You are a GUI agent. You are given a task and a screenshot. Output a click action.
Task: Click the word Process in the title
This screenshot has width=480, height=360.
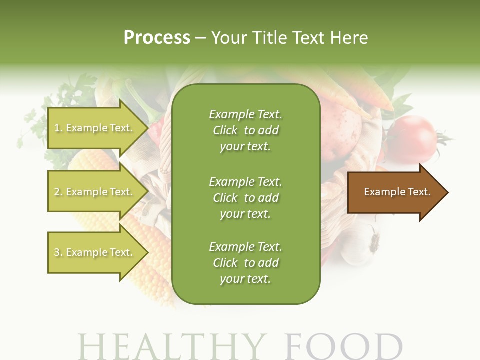(157, 37)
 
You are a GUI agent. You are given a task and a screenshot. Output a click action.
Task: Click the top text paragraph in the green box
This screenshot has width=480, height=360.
(245, 130)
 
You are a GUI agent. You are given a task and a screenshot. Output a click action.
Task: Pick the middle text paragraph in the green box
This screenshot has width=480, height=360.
(245, 198)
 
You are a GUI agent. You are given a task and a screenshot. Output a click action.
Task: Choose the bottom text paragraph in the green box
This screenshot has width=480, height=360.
(245, 263)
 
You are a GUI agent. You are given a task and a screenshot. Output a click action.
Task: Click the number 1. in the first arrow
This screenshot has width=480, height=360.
(58, 128)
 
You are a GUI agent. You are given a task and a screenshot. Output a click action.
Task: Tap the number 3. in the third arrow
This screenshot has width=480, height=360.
(58, 252)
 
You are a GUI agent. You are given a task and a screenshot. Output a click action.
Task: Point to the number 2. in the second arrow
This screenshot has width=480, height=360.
(58, 192)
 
